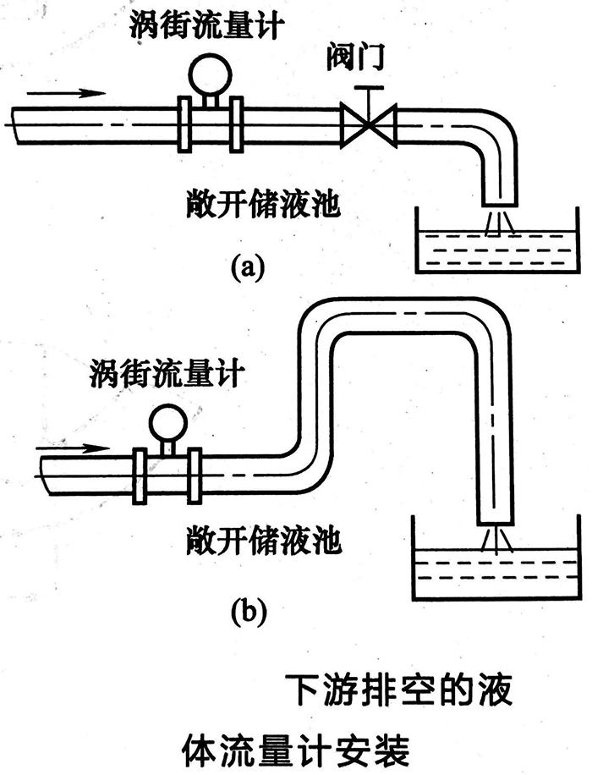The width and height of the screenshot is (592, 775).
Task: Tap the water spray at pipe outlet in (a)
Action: (x=498, y=223)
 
